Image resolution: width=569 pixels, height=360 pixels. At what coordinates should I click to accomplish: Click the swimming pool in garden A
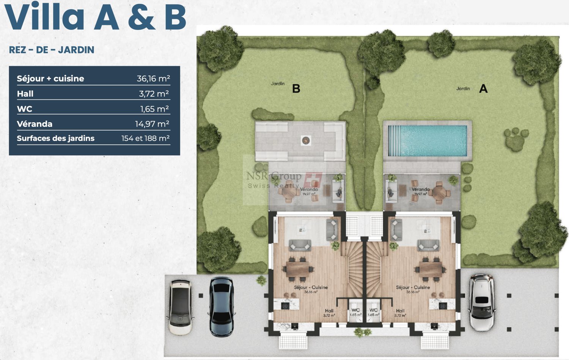tap(428, 141)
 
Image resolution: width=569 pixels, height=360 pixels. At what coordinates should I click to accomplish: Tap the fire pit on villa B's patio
tap(306, 141)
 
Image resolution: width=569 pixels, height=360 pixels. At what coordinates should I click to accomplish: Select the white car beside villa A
tap(482, 302)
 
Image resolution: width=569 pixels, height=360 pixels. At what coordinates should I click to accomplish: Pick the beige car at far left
tap(181, 307)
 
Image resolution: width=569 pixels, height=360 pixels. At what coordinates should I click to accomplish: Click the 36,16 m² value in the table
tap(153, 79)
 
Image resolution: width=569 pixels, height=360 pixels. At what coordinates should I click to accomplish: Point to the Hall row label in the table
tap(25, 94)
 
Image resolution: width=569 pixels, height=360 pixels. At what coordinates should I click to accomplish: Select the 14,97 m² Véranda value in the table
tap(152, 124)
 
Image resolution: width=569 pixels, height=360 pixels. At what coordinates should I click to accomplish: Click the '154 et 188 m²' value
tap(145, 138)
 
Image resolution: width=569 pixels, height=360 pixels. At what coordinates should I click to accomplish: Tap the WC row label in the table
tap(24, 109)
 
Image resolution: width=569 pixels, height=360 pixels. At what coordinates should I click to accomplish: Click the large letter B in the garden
tap(296, 89)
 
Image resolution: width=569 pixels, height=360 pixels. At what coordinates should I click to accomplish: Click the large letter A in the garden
tap(483, 89)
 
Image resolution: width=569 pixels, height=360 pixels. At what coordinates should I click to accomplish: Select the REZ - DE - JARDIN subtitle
tap(52, 50)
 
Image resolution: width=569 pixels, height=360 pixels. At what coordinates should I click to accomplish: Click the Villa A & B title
tap(95, 17)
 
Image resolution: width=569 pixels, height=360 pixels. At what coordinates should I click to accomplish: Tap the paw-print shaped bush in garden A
tap(515, 138)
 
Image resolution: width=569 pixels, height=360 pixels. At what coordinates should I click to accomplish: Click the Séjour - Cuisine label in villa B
tap(311, 288)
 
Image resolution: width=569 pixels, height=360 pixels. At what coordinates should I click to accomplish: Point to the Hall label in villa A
tap(400, 311)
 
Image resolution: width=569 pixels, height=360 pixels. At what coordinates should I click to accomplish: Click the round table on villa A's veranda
tap(439, 192)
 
